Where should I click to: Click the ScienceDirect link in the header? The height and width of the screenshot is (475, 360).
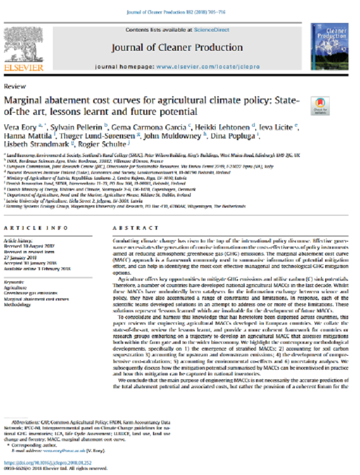(211, 29)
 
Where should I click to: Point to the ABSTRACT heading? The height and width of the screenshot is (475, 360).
(129, 228)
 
